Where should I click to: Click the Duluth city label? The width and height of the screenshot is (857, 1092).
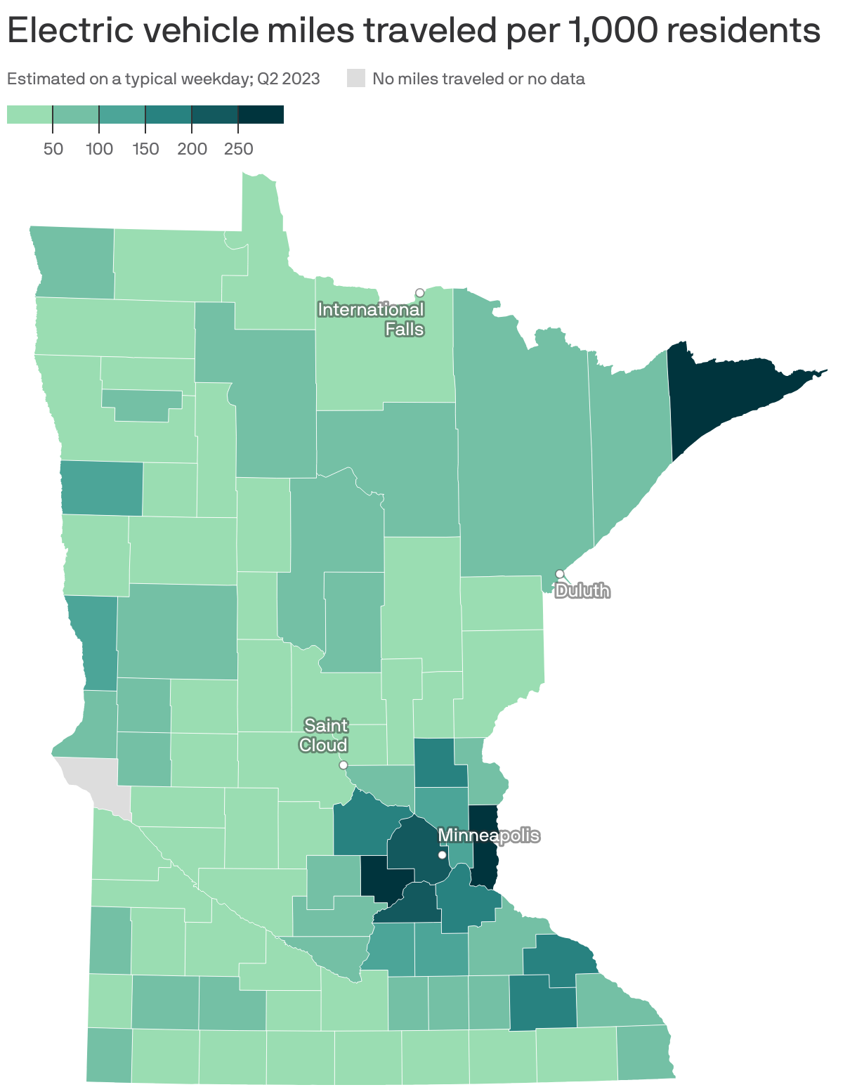pos(582,591)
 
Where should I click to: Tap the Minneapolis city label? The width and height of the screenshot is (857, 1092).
pos(489,836)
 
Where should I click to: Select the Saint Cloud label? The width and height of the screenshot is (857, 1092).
pos(325,735)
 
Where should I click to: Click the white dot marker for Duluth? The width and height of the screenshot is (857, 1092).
pos(560,574)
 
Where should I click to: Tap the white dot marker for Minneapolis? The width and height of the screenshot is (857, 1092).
pos(442,855)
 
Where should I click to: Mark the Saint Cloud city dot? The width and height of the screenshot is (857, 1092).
pos(344,765)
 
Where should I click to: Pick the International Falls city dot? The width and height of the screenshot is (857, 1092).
pos(419,293)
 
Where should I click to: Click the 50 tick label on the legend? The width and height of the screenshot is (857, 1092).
pos(53,149)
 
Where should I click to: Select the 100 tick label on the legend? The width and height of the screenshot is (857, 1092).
pos(99,149)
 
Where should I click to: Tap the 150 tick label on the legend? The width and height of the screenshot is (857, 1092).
pos(145,149)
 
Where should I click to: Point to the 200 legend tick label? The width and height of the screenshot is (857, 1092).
pos(192,149)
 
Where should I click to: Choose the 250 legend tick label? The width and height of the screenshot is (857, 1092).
pos(238,149)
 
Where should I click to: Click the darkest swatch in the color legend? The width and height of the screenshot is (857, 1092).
pos(261,115)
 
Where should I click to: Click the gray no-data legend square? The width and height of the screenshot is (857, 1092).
pos(356,79)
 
